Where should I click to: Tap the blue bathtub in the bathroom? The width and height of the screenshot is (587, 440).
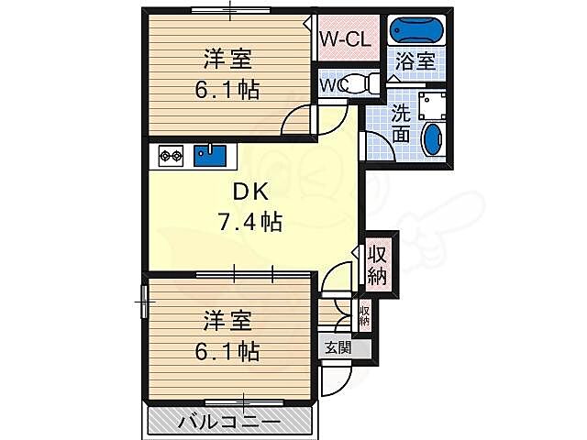click(415, 30)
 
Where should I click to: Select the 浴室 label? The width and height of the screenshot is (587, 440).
click(415, 62)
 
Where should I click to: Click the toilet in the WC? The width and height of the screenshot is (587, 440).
click(363, 82)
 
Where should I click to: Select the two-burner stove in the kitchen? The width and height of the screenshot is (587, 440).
click(171, 156)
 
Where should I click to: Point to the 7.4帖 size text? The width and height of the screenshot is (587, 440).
click(249, 221)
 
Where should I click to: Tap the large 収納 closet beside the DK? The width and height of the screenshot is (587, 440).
click(378, 265)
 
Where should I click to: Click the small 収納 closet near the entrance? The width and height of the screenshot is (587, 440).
click(364, 317)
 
